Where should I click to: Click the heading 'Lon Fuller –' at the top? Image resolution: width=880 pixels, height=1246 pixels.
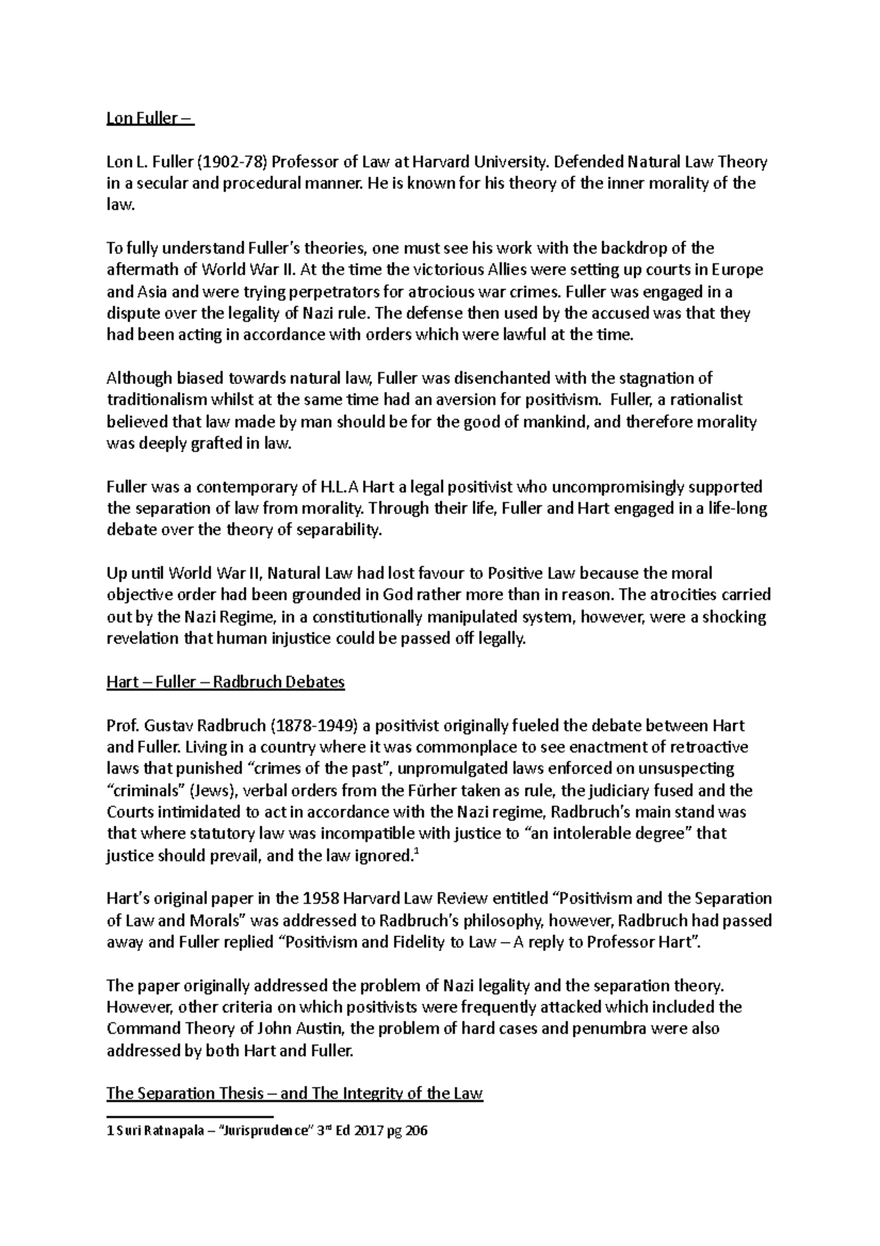click(x=150, y=119)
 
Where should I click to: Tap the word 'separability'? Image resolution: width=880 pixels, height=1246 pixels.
click(x=339, y=530)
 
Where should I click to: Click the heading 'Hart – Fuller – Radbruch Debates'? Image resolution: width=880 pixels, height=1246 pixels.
click(x=226, y=682)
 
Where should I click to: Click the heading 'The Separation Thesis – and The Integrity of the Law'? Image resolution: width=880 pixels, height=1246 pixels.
click(x=295, y=1093)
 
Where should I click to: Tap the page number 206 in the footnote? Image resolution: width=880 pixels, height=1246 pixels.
click(x=415, y=1131)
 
